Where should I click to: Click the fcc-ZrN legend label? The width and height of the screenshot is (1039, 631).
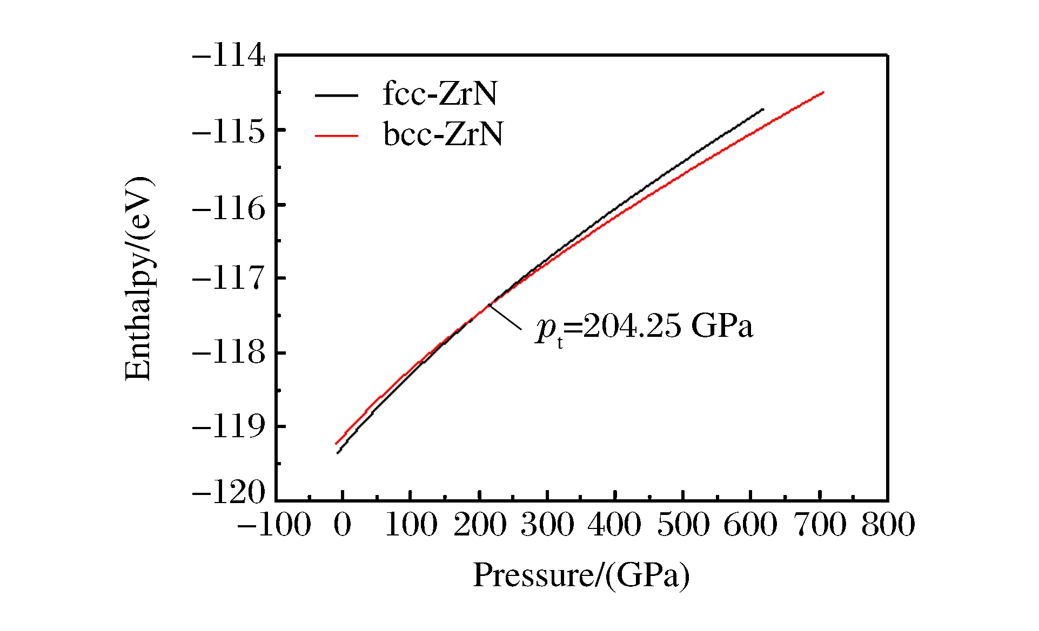439,94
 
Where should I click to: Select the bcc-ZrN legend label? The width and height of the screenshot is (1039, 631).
443,134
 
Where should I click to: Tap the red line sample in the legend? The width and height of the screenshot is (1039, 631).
336,135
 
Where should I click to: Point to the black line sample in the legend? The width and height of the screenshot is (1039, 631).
336,96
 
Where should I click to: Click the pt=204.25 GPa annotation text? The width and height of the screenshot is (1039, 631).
644,327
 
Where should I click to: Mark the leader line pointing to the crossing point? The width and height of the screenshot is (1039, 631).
506,317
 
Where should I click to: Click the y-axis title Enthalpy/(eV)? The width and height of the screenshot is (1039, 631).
138,278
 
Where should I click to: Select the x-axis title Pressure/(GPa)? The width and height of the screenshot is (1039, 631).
581,575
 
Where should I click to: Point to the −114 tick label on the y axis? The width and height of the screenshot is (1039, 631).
229,56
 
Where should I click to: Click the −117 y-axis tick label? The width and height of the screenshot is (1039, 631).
229,279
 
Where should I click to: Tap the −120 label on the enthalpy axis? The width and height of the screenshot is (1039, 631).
229,492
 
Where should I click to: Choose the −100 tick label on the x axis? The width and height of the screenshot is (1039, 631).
274,525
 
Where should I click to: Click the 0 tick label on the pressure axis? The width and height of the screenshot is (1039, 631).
343,525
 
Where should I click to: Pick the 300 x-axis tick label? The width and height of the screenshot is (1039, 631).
547,525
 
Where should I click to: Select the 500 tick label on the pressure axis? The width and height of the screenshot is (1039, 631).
683,525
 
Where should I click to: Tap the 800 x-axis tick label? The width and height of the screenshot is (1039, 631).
888,525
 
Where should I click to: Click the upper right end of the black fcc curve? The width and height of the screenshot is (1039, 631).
762,110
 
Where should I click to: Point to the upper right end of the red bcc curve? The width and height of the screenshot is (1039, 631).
822,93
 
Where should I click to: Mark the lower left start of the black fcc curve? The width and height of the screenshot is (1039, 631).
338,452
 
